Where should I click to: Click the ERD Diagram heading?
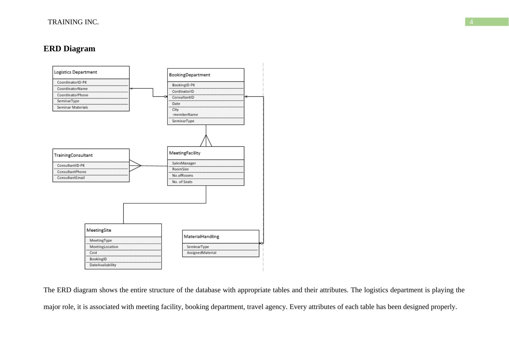69,49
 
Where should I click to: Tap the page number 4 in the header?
471,22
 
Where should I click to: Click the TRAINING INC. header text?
73,22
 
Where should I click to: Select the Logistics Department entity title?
76,72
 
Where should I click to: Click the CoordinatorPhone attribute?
73,95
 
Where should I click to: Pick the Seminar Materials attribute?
72,108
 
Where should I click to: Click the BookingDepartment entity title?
190,75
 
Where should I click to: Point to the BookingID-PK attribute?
184,85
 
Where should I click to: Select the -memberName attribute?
185,115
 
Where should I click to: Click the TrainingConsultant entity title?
73,155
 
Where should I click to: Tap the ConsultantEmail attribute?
71,178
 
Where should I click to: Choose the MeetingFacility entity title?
185,153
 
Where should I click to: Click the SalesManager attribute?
184,163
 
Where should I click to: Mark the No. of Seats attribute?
182,182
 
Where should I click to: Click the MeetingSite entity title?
99,230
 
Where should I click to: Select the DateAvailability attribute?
103,265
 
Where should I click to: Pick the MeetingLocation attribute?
104,247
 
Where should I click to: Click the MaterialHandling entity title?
201,237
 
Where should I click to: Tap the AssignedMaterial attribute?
201,253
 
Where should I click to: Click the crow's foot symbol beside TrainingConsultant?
135,166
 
